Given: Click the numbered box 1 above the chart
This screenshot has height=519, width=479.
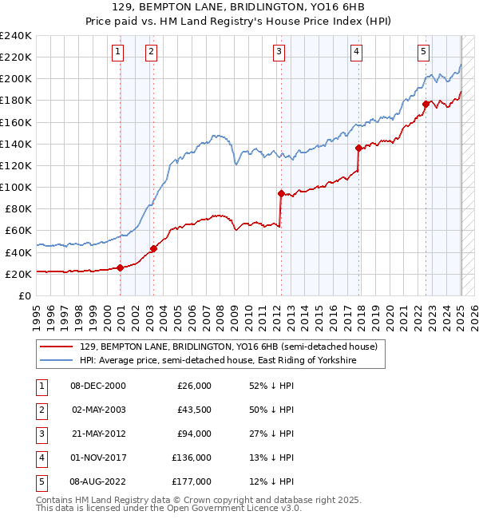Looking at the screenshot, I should [117, 52].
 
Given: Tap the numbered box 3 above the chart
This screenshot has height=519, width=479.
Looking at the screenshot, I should [279, 52].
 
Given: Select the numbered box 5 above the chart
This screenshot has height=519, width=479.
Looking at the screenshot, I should [422, 52].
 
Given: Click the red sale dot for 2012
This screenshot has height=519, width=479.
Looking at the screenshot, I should [281, 193].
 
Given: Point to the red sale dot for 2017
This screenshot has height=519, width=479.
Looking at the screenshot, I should [358, 148].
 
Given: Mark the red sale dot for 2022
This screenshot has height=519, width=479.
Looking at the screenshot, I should [426, 103].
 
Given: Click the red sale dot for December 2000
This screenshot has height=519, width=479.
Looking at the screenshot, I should [121, 267].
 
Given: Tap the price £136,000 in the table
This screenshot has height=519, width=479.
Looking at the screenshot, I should [192, 458].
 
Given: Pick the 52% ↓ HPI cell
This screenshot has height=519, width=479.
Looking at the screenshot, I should [271, 386].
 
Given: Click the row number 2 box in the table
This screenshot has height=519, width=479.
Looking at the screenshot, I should [40, 410].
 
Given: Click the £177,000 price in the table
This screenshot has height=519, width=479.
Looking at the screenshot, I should [192, 481].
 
